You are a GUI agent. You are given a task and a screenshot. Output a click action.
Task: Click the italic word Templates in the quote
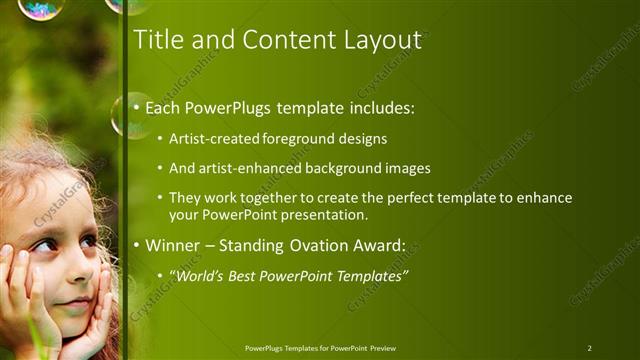(x=370, y=275)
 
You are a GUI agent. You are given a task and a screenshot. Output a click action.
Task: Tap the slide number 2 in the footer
(x=589, y=348)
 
